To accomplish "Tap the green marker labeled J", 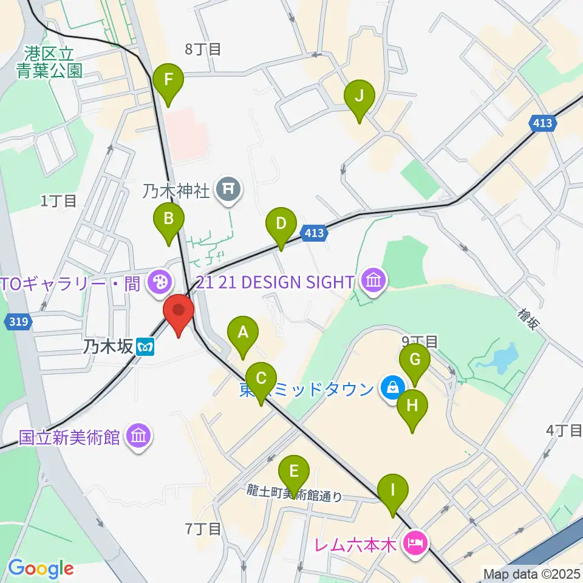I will coord(359,96).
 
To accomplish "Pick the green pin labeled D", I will coord(281,223).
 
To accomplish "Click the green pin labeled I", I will coord(393,490).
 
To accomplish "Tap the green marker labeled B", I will coord(169,217).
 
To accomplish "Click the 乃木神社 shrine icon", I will coord(229,191).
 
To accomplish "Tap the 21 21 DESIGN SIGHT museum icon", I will coord(372,281).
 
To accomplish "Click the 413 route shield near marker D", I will coord(313,233).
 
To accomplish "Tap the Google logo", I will coord(41,568).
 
